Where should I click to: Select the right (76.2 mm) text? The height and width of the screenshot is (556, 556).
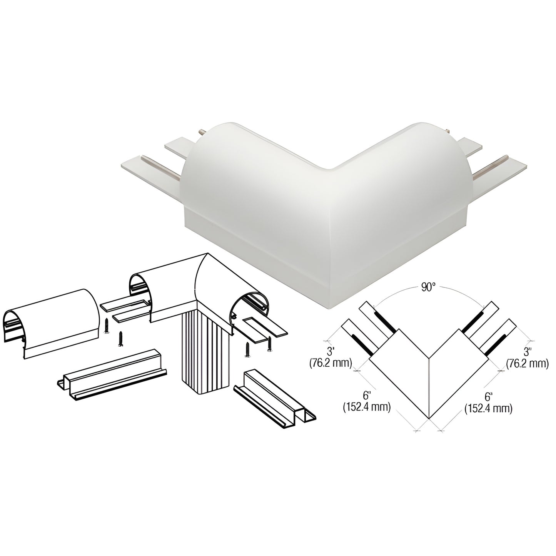527,364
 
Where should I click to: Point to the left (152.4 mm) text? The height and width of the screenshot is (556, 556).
366,407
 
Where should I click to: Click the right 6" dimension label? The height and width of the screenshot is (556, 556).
488,397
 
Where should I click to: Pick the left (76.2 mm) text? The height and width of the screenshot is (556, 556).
331,364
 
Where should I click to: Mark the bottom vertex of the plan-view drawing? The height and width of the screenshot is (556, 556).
429,418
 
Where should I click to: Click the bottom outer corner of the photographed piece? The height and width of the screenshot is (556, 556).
329,309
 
